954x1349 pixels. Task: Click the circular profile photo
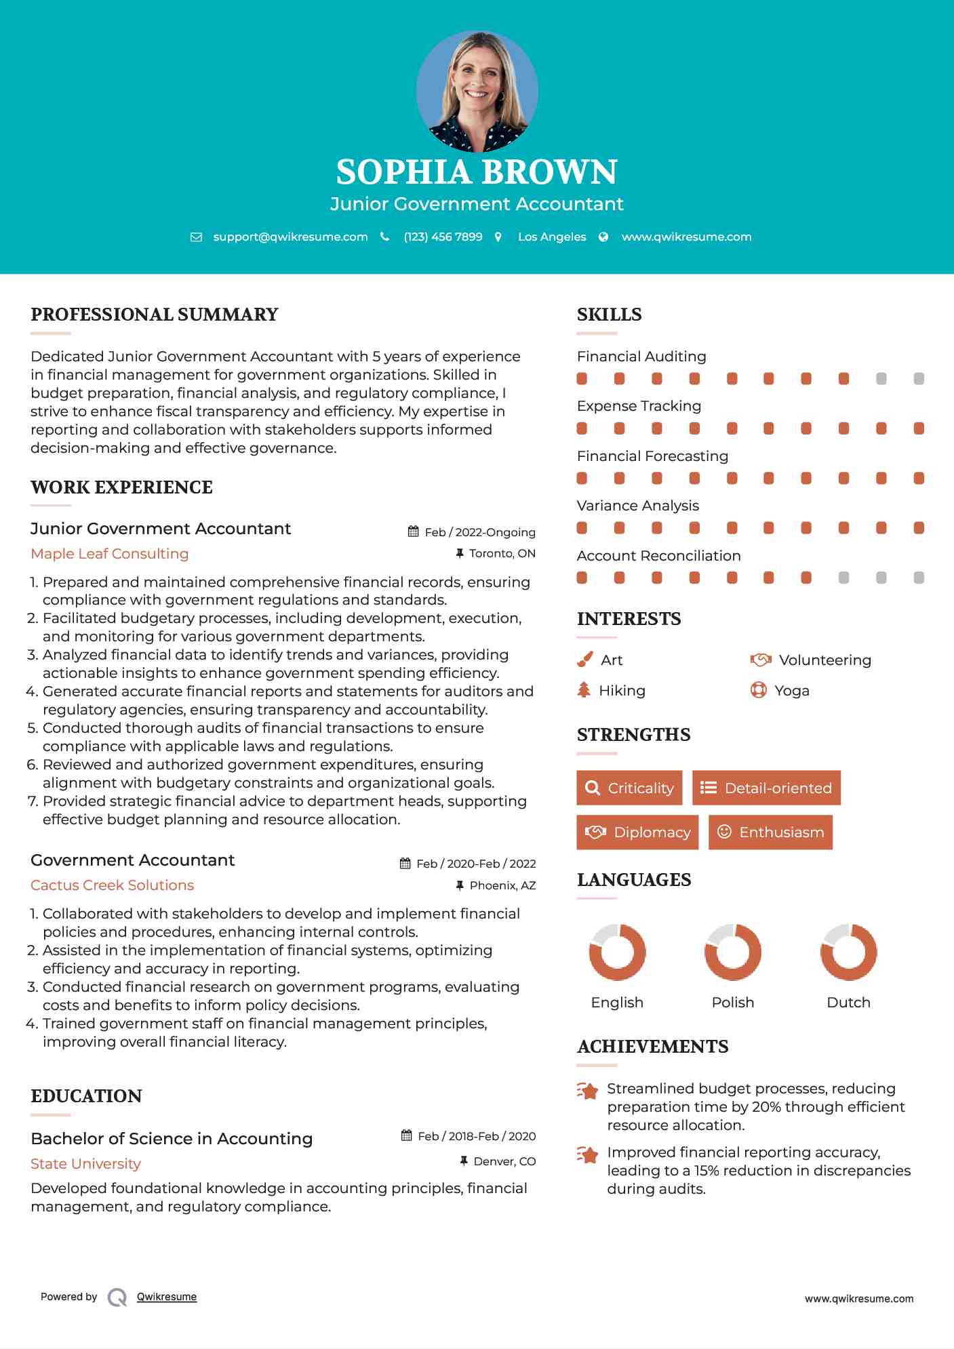477,91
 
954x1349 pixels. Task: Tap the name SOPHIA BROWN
477,172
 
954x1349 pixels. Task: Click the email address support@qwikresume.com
290,237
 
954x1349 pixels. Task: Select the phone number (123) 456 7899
443,237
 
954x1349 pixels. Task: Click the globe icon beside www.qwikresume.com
603,237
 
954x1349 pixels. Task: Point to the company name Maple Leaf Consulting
110,554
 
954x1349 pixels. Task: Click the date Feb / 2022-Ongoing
480,532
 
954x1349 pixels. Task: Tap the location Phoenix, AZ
502,885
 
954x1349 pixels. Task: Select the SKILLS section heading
609,315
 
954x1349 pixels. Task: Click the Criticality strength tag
629,788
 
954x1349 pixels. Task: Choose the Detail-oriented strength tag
766,788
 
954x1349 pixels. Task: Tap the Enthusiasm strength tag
770,832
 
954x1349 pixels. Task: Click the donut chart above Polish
732,952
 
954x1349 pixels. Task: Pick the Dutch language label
848,1002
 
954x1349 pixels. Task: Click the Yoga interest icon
758,690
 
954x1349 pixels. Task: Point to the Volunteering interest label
824,660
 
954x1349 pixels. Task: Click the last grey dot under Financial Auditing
919,378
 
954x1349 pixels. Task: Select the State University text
86,1163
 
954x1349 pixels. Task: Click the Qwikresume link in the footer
167,1297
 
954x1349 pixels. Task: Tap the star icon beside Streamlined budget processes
588,1091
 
